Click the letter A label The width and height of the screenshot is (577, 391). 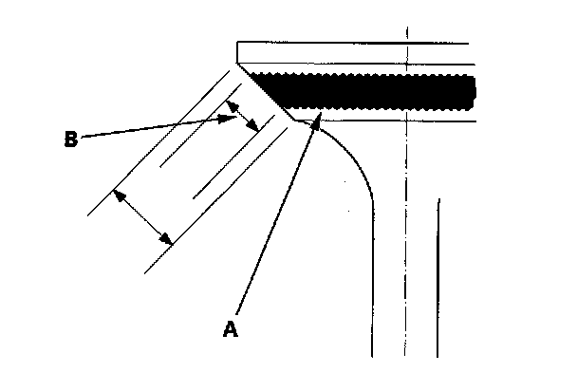click(229, 328)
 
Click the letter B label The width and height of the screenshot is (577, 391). click(70, 139)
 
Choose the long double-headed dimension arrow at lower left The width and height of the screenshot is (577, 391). click(142, 216)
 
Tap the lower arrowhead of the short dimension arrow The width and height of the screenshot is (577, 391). click(254, 130)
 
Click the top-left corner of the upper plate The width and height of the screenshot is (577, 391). click(237, 42)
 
